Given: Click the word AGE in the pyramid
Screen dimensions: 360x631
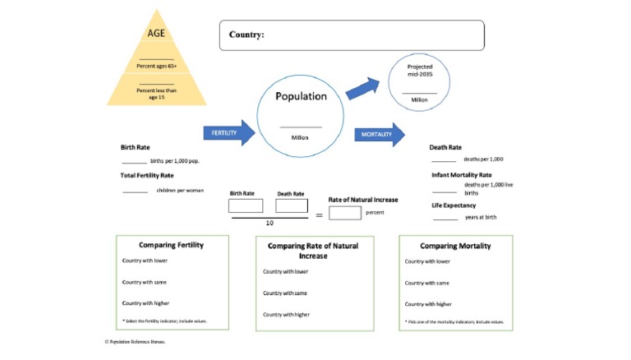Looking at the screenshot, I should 156,34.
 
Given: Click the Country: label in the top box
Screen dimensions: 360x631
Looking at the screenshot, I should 247,35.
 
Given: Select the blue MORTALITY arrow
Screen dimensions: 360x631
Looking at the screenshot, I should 379,134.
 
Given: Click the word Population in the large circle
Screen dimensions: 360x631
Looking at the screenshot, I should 301,96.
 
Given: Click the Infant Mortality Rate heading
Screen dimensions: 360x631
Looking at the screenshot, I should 461,175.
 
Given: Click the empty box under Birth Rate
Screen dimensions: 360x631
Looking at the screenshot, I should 246,205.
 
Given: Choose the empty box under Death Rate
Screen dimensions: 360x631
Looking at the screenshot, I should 291,205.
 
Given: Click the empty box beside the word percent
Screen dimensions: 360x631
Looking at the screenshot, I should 344,213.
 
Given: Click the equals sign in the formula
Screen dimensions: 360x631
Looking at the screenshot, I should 319,216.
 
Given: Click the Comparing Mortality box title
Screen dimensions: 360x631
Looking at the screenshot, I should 455,246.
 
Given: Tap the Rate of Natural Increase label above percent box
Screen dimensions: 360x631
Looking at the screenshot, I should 363,200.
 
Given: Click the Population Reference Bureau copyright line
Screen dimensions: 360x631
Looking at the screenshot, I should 135,340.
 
